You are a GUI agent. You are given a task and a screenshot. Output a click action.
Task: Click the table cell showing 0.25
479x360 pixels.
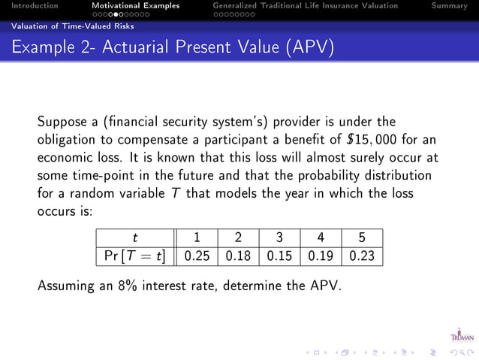point(197,256)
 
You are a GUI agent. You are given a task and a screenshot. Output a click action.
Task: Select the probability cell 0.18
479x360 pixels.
point(237,256)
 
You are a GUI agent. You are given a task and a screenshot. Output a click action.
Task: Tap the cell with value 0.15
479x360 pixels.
point(279,256)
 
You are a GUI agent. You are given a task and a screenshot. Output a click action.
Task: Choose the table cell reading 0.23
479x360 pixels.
point(361,256)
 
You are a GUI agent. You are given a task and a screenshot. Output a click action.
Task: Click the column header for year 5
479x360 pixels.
point(361,237)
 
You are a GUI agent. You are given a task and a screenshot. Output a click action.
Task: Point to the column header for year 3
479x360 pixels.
point(279,237)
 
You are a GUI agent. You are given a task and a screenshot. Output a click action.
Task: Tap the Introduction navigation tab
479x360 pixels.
point(29,6)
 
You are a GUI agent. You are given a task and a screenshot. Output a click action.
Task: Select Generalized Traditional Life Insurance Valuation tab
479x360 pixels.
point(306,6)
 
